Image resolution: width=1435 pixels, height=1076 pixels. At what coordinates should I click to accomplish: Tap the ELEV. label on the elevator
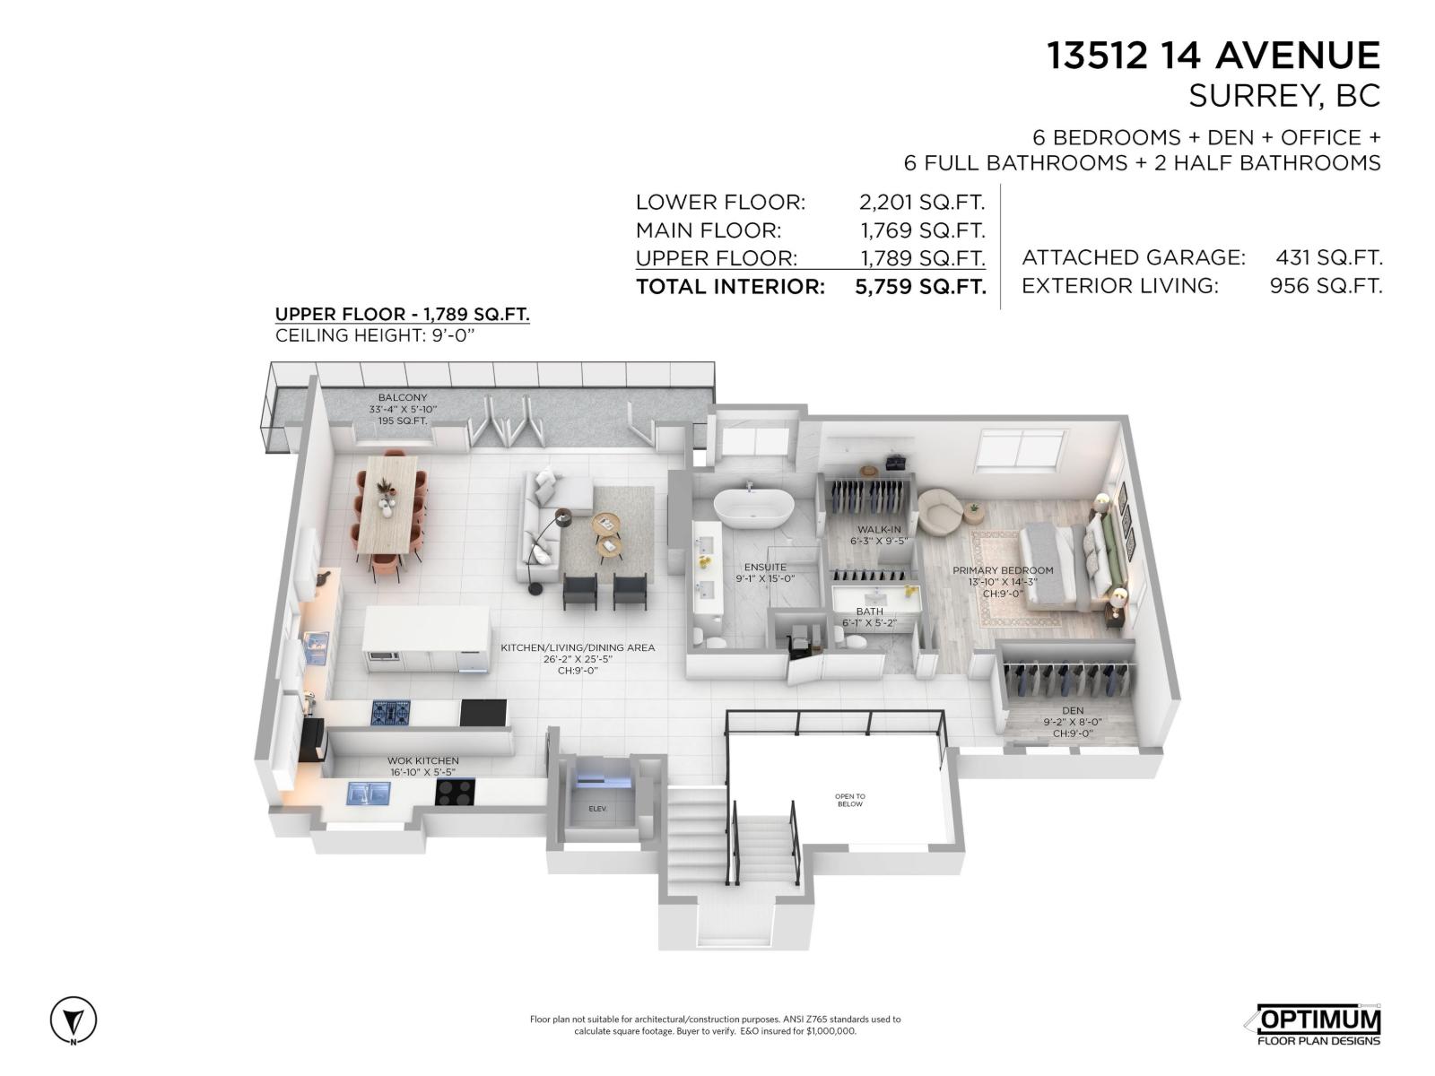(597, 809)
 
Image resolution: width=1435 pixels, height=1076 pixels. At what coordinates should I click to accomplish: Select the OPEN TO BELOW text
(849, 800)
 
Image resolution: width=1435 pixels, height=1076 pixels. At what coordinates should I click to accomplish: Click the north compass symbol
(73, 1020)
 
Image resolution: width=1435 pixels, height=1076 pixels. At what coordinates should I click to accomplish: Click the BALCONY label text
(403, 397)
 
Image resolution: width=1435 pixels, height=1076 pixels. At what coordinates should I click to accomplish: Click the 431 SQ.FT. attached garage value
(1328, 258)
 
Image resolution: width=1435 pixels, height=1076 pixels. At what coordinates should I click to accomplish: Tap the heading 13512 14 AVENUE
(1213, 56)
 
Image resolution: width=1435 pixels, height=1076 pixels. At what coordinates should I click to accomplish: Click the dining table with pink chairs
(391, 515)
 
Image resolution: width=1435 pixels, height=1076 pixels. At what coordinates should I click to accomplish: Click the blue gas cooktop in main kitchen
(391, 713)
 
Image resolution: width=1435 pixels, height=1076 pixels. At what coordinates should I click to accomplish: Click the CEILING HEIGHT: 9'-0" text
(374, 335)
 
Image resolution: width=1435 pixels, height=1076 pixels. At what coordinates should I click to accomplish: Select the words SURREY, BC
(1283, 96)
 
